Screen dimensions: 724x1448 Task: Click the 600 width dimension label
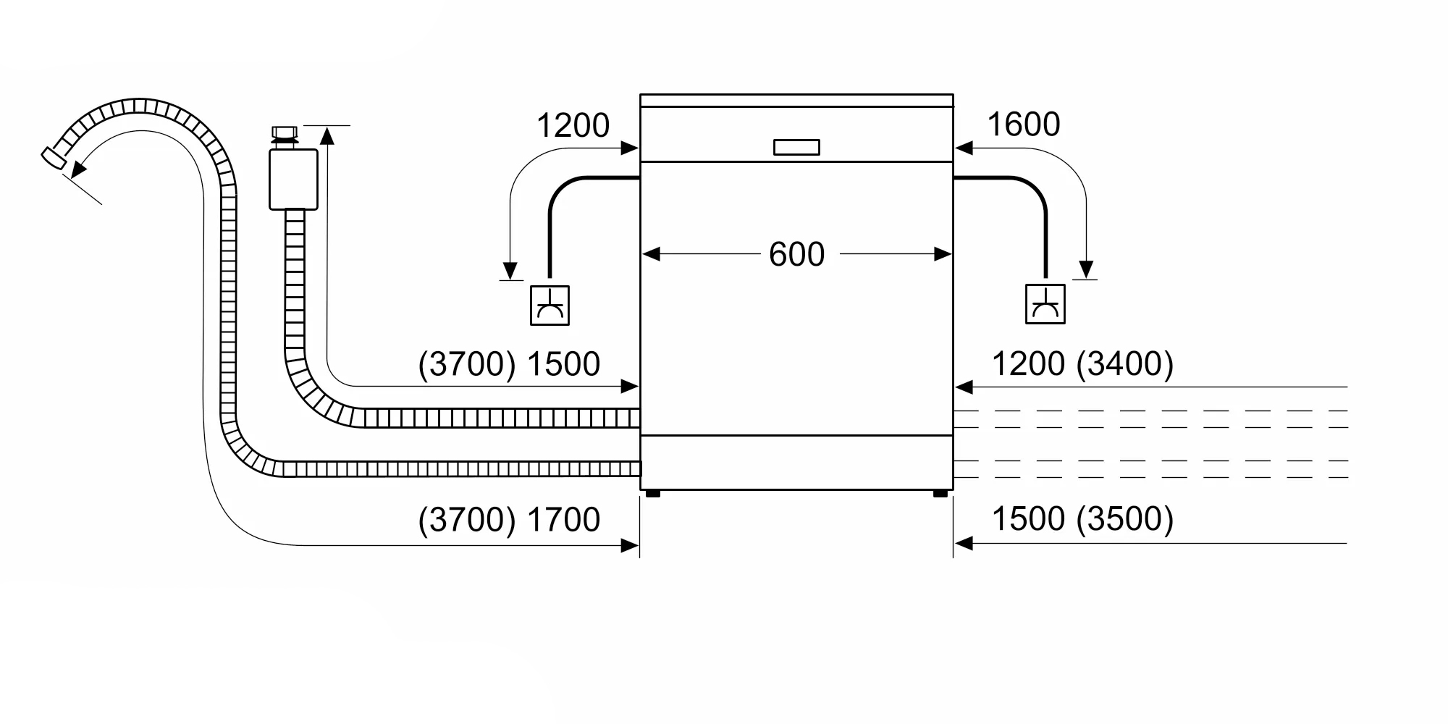(x=796, y=254)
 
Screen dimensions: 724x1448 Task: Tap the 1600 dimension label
(x=1023, y=125)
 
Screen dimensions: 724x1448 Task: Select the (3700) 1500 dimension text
(x=509, y=363)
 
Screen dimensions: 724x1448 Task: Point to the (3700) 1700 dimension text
(x=509, y=519)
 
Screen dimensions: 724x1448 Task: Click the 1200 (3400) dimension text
(x=1082, y=363)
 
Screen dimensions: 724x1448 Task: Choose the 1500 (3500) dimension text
(x=1082, y=518)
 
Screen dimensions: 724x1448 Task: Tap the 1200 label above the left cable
(x=573, y=125)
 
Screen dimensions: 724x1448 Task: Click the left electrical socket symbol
(x=550, y=305)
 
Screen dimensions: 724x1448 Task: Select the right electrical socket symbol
(x=1045, y=304)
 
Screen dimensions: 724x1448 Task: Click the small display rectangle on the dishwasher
(x=796, y=147)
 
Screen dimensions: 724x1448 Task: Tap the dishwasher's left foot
(x=652, y=494)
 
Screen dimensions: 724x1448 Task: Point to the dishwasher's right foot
(x=940, y=494)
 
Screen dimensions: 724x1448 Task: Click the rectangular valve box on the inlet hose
(x=293, y=180)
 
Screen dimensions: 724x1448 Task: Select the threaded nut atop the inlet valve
(x=285, y=133)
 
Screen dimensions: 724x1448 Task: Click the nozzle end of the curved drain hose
(x=52, y=159)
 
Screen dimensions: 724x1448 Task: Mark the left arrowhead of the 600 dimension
(x=650, y=254)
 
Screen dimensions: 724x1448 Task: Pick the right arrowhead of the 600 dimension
(x=943, y=254)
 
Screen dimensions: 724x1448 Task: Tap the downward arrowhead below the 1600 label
(x=1085, y=269)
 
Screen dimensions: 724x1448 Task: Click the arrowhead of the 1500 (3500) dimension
(x=963, y=543)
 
